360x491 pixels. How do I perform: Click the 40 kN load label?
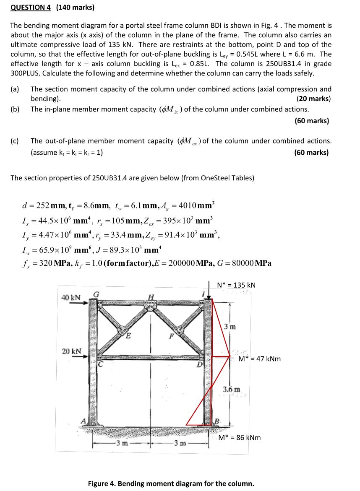tap(70, 297)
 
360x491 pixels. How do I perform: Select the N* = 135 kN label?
tap(236, 285)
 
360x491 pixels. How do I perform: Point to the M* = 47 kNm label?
tap(259, 359)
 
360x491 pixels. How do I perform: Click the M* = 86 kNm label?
tap(240, 438)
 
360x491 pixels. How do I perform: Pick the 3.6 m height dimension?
tap(232, 389)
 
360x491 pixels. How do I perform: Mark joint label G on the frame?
tap(95, 294)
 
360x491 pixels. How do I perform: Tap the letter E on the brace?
tap(128, 335)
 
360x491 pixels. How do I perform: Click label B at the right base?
tap(217, 421)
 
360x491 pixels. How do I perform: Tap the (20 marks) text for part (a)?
tap(313, 99)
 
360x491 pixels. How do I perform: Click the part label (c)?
tap(15, 141)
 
